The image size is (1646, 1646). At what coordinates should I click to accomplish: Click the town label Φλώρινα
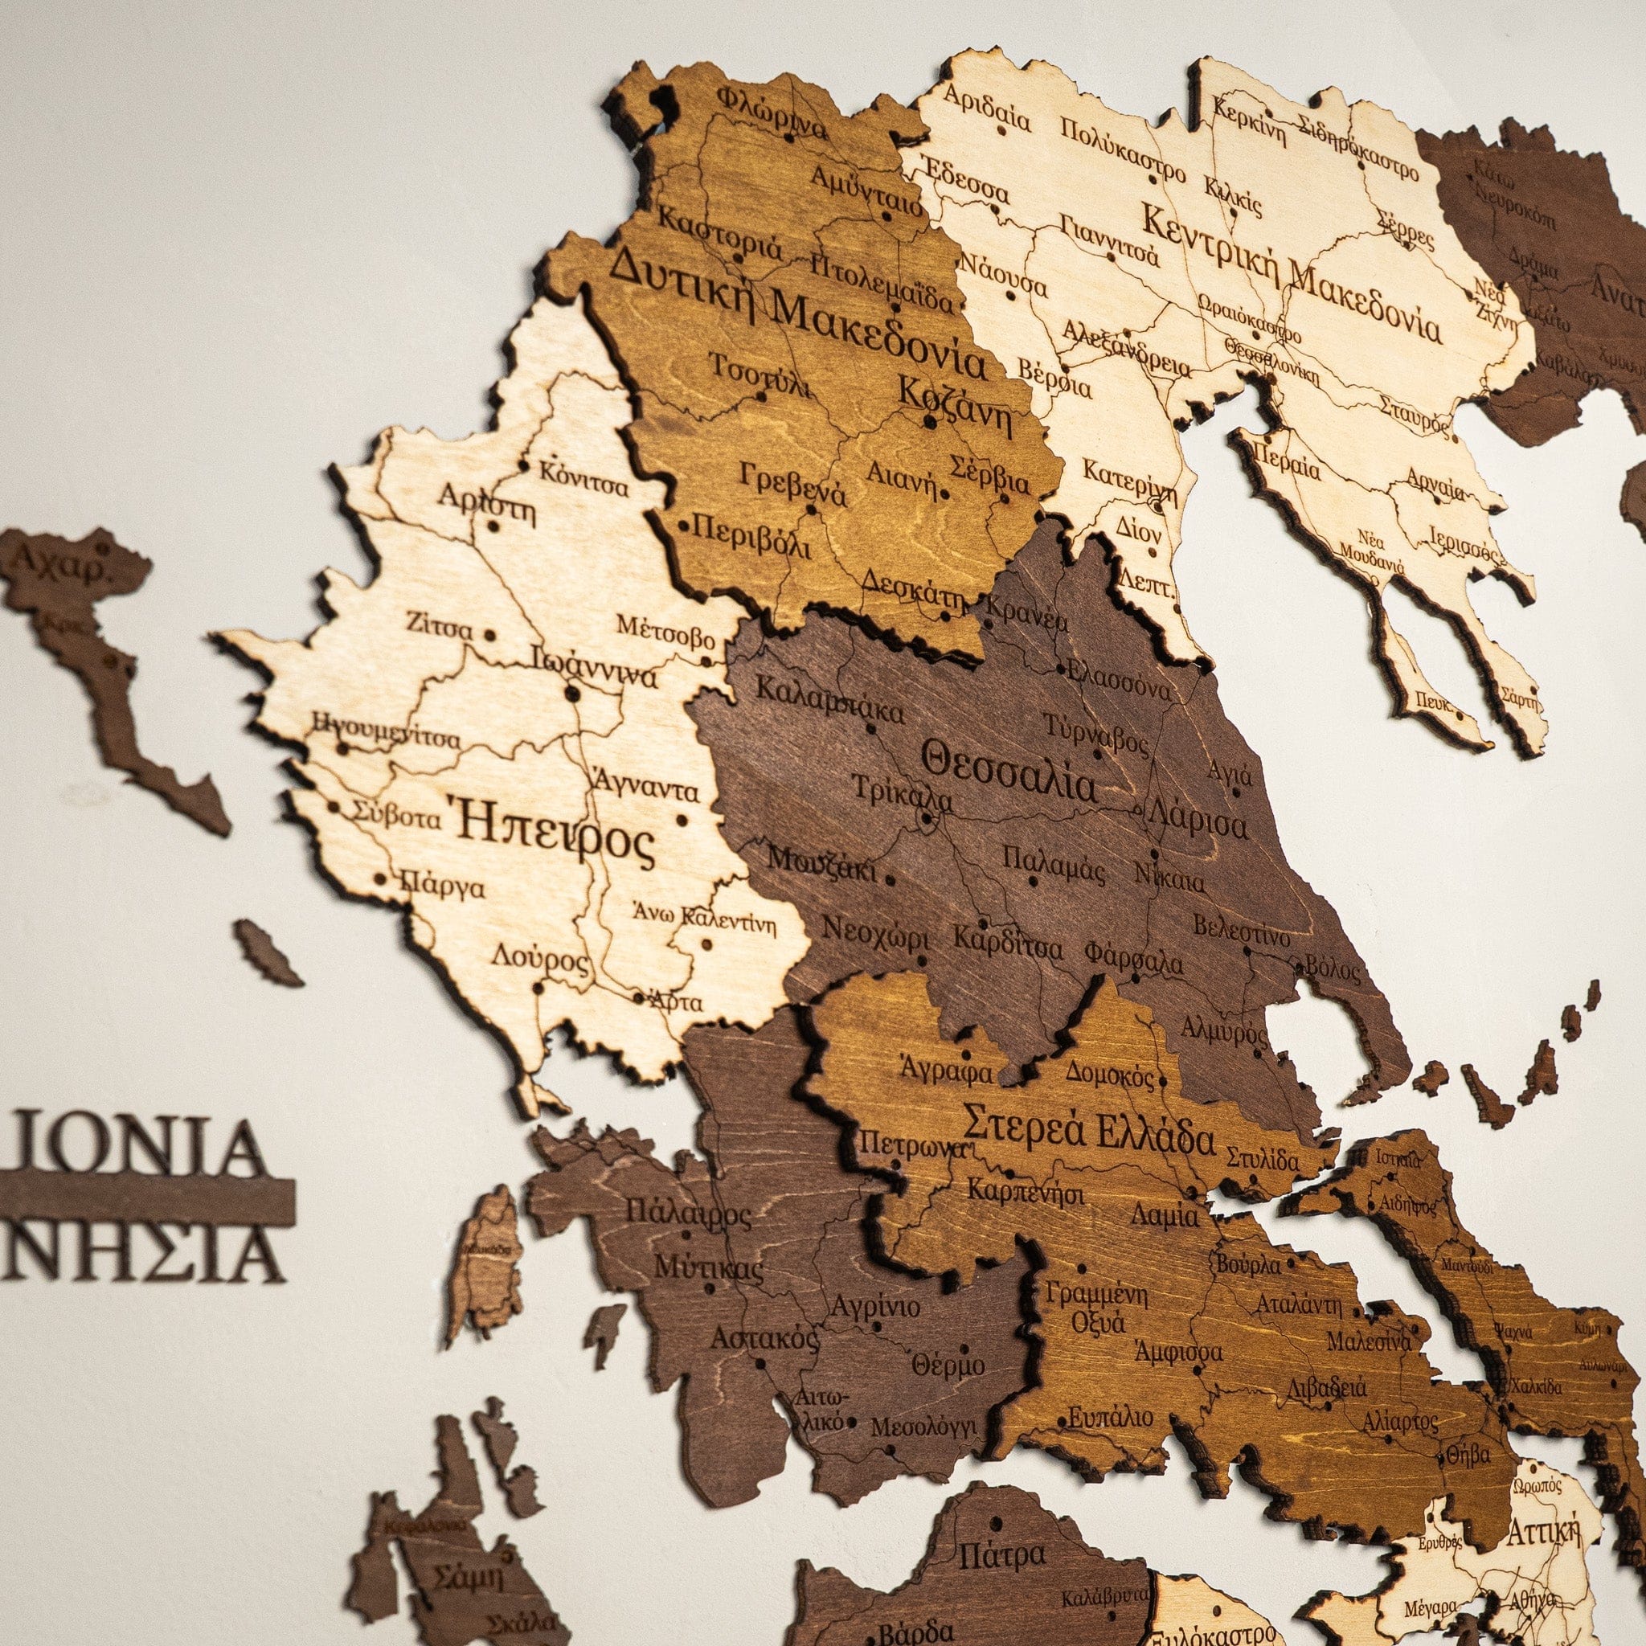(x=772, y=112)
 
